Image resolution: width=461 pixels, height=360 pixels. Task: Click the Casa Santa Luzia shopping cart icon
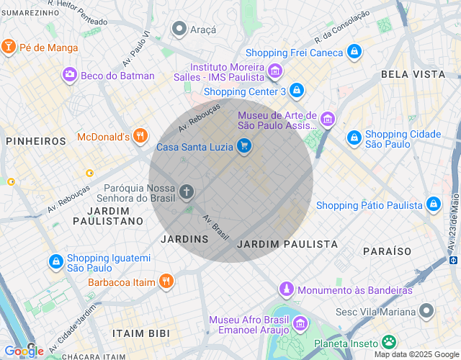245,147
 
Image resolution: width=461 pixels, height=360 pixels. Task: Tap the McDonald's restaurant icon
140,136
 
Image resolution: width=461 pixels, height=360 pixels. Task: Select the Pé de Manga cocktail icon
9,48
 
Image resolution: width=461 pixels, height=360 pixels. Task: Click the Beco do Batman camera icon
70,75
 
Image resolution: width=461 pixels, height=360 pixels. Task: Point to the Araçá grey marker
179,29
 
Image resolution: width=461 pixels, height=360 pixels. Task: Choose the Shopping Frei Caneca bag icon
354,53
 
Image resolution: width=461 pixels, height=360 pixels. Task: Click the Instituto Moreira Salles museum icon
274,71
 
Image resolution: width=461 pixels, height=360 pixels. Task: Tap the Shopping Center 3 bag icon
297,91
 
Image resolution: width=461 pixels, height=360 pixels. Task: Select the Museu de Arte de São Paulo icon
328,120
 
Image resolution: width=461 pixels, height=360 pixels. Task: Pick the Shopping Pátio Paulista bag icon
434,205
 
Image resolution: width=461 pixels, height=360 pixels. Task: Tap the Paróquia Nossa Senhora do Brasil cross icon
187,192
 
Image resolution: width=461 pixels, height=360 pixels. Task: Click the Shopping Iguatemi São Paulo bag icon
55,261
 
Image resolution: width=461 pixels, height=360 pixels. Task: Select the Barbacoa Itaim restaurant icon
166,282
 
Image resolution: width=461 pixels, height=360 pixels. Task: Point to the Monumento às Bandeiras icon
287,290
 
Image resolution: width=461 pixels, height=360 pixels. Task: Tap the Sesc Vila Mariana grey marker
427,312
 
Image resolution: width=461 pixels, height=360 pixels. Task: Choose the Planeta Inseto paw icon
390,342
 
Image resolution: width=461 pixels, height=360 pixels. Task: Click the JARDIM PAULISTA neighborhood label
287,244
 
